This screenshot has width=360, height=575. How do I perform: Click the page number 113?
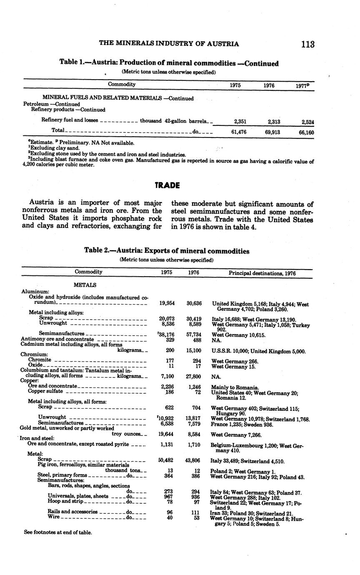point(307,44)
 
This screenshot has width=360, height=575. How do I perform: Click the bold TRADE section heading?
point(167,185)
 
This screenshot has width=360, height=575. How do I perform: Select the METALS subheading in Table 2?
point(85,285)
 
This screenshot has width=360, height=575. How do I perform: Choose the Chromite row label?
point(40,360)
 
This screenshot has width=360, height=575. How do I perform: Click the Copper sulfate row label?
point(45,391)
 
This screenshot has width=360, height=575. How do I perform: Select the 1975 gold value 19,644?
point(167,434)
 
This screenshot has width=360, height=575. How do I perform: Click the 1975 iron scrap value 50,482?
point(167,461)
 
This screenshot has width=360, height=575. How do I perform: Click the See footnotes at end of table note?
point(58,532)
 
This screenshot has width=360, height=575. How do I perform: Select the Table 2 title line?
point(167,251)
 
